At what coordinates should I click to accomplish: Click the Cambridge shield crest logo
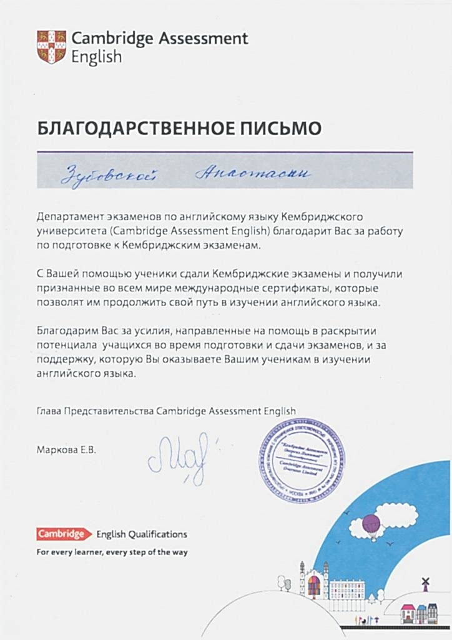point(51,47)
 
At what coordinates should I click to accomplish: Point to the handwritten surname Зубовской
point(109,174)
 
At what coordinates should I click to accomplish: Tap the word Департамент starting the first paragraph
point(65,216)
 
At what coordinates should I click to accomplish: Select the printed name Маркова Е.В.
point(67,449)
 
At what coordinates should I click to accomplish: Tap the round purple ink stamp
point(302,461)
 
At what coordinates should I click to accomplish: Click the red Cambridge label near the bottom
point(61,534)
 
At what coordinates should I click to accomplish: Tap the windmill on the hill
point(426,584)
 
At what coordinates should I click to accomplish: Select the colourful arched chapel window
point(314,586)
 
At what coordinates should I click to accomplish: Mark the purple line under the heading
point(225,151)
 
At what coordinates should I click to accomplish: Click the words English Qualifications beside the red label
point(141,534)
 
